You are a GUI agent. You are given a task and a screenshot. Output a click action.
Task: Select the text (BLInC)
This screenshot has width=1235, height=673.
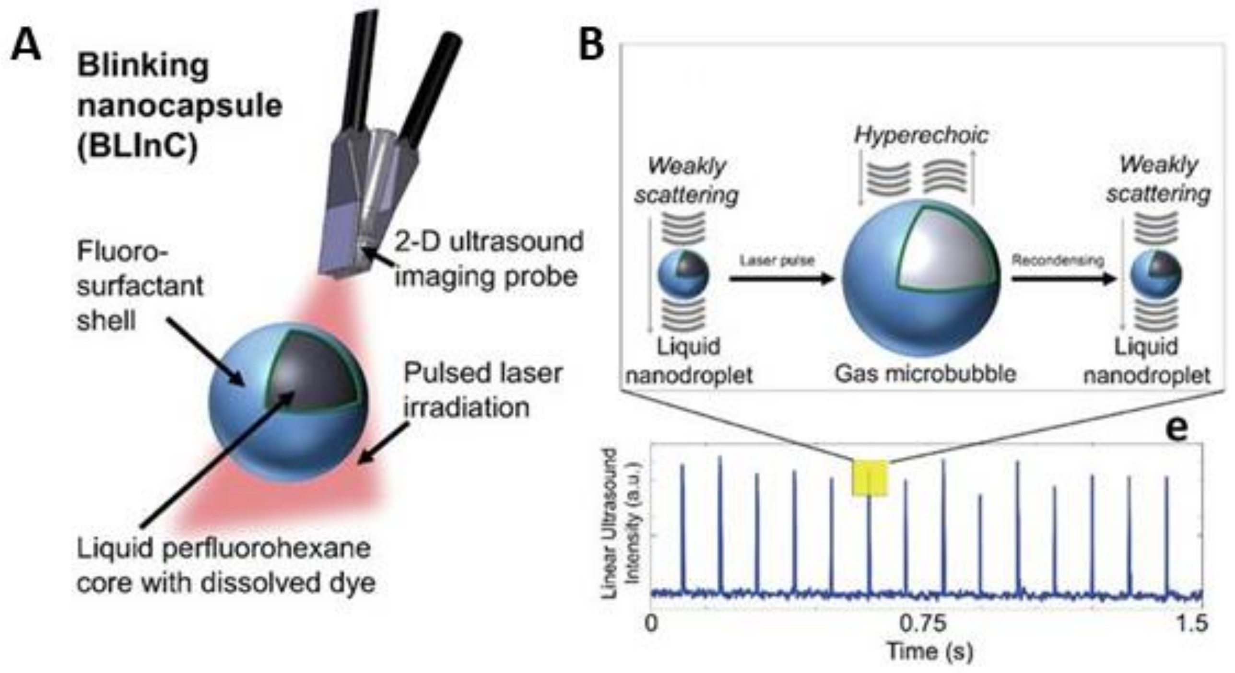click(x=137, y=146)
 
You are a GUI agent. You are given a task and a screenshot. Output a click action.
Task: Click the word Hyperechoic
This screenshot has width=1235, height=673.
click(x=921, y=135)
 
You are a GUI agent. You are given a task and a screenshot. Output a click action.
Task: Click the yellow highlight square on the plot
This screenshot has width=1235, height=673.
click(x=870, y=478)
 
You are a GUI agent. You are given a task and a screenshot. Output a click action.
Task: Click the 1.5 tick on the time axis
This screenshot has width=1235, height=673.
click(x=1190, y=624)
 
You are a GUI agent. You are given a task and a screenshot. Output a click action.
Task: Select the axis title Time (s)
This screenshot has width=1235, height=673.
click(x=930, y=651)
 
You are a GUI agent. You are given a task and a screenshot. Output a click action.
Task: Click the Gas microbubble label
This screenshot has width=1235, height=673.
click(x=925, y=374)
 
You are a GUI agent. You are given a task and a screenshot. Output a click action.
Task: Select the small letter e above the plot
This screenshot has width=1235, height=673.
click(x=1176, y=428)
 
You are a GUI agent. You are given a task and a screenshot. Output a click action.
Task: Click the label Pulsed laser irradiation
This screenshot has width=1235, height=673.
click(x=482, y=390)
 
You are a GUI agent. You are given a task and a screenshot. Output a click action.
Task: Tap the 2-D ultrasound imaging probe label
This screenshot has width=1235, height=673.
click(x=488, y=259)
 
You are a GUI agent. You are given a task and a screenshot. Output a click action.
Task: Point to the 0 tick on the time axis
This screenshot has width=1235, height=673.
click(x=651, y=624)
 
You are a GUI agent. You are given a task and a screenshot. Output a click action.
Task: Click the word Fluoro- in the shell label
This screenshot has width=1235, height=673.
click(x=122, y=251)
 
